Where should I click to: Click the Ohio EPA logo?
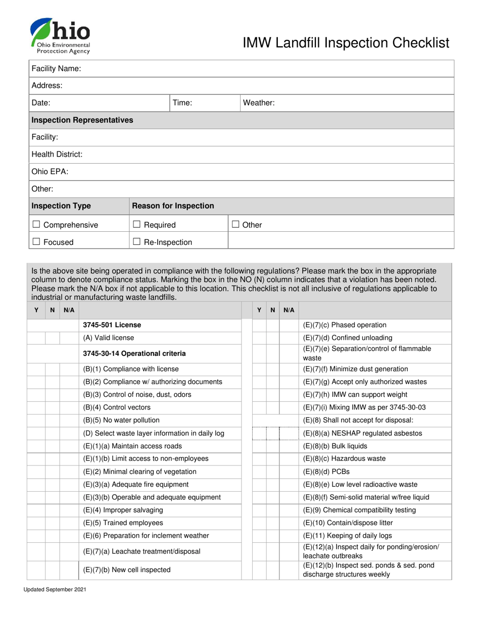[60, 36]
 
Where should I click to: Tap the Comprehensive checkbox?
[36, 225]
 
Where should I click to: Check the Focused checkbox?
[36, 242]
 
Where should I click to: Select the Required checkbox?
[136, 225]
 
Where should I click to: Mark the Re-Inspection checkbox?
[136, 242]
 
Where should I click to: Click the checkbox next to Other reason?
[235, 224]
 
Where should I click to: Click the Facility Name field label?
[56, 69]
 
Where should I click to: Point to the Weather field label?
[259, 103]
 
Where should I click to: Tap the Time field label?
[182, 103]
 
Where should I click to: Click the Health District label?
[57, 154]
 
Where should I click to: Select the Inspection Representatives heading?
[82, 120]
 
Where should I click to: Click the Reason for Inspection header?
[173, 206]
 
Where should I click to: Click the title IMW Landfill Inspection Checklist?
[346, 43]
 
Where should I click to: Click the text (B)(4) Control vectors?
[117, 407]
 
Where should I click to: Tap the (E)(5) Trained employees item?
[123, 523]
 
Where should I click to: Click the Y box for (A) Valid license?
[36, 338]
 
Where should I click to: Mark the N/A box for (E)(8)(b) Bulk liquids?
[289, 446]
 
